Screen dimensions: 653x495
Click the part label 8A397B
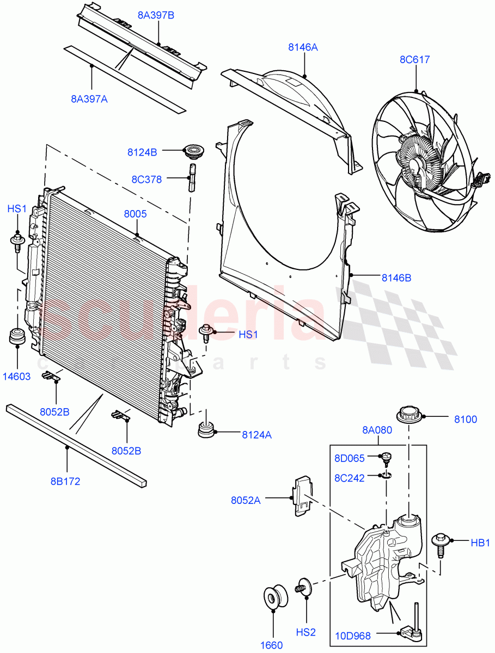click(x=156, y=15)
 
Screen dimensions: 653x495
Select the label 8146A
click(x=303, y=47)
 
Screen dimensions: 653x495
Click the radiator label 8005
click(x=135, y=214)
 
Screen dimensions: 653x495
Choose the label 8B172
click(x=66, y=482)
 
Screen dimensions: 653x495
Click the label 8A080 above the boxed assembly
click(x=377, y=430)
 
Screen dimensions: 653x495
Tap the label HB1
click(x=481, y=542)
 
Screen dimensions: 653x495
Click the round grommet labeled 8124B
click(x=193, y=151)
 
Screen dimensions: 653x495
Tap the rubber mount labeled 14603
click(x=17, y=336)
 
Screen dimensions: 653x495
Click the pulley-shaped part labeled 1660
click(x=272, y=596)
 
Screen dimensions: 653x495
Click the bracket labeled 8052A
click(x=301, y=495)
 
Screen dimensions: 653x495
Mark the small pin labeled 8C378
click(x=192, y=177)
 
